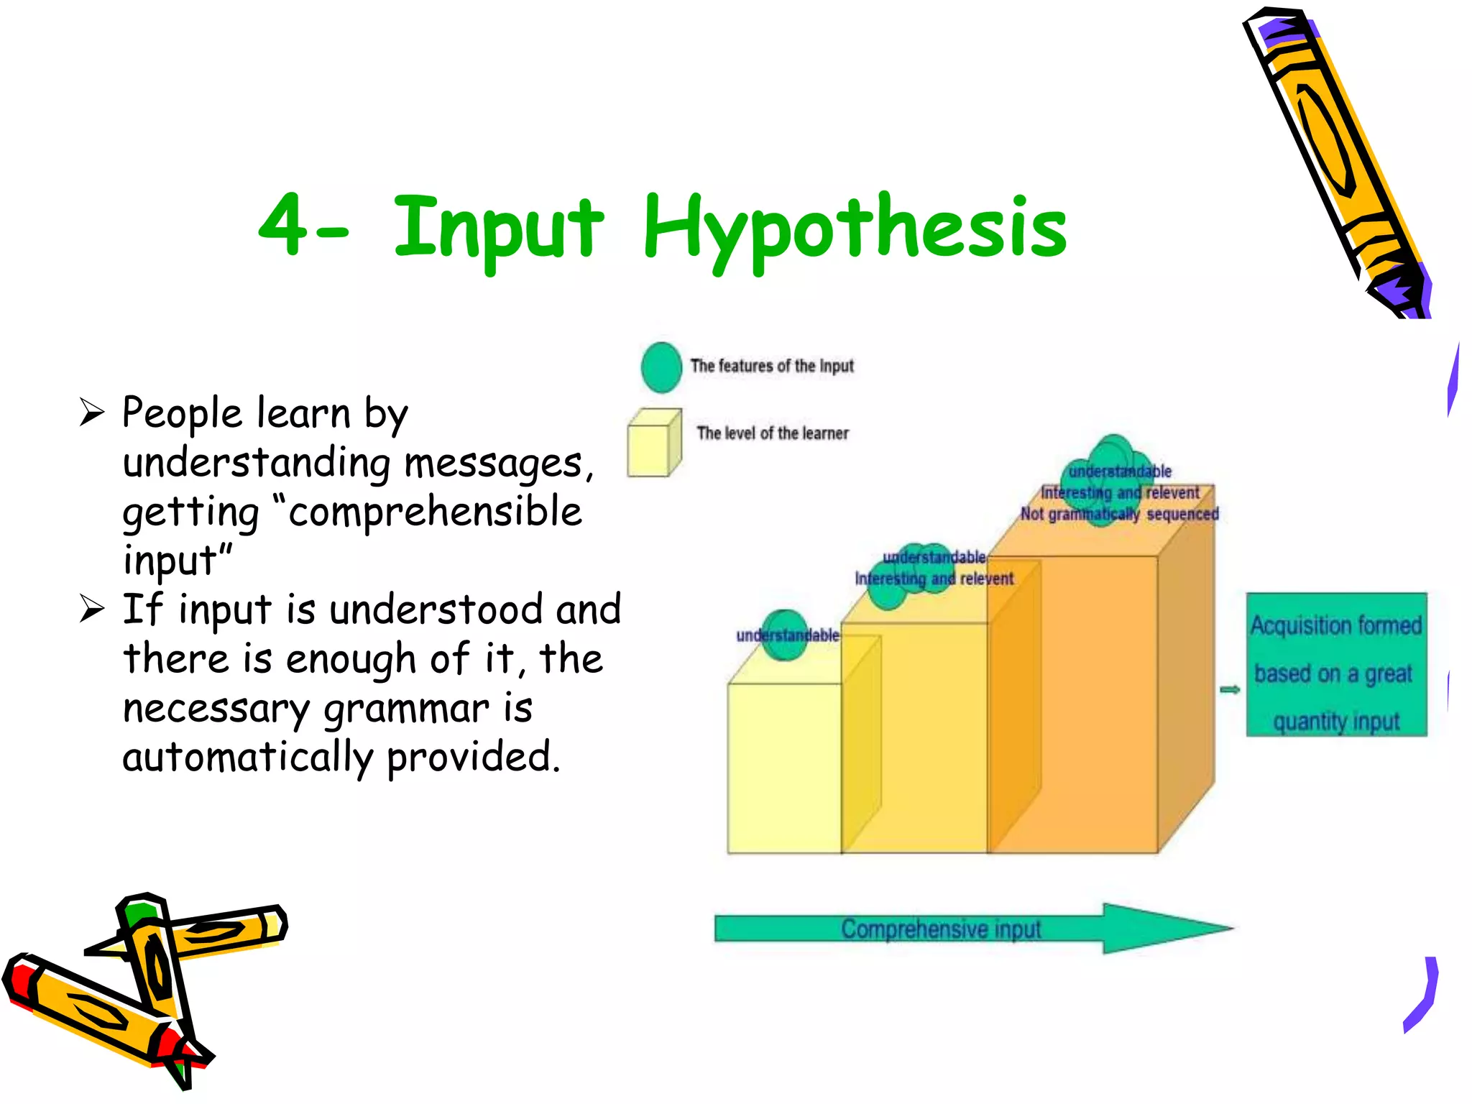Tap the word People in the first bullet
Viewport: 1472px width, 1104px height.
(182, 414)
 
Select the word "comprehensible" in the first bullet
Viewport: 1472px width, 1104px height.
(435, 512)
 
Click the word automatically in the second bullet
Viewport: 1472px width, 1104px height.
(247, 758)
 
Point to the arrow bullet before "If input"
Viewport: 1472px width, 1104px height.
(92, 609)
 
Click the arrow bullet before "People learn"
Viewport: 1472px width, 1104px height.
(92, 413)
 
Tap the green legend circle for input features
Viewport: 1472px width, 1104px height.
(661, 367)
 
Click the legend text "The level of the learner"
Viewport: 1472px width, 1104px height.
(772, 433)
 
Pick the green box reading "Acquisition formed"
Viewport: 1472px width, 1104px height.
(1335, 664)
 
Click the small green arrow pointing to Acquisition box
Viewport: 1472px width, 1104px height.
(1230, 690)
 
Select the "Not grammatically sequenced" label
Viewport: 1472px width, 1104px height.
(1119, 515)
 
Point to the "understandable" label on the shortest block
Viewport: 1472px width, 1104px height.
(787, 635)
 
